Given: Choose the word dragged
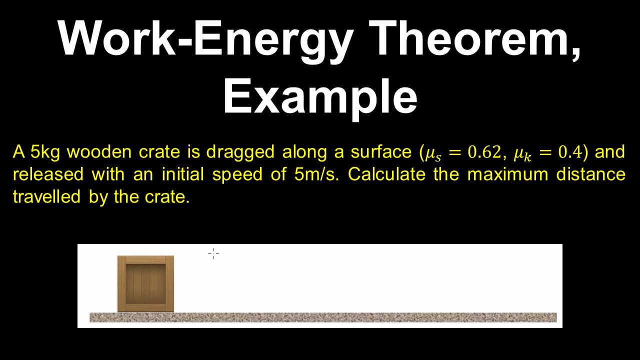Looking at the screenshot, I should click(240, 152).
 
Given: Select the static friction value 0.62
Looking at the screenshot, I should click(483, 152).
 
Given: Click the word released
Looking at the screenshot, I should click(48, 174).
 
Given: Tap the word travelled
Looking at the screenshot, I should click(48, 197).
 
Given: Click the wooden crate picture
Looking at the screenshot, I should click(145, 283).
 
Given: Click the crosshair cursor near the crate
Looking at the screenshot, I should click(213, 254).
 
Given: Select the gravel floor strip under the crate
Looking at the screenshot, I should click(322, 317).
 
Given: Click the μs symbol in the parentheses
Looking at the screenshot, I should click(433, 153).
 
